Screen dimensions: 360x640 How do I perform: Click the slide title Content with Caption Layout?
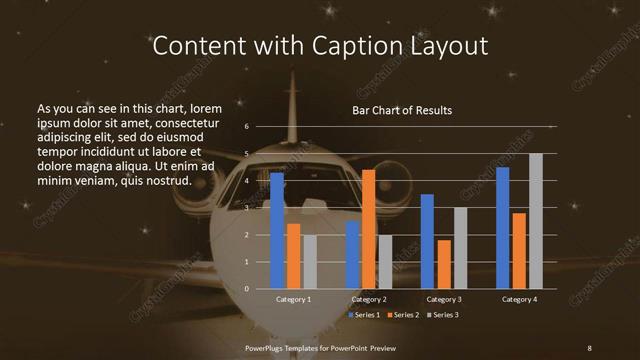coord(320,46)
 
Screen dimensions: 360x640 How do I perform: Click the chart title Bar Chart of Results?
coord(402,110)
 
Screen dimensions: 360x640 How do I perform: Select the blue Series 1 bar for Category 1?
coord(277,230)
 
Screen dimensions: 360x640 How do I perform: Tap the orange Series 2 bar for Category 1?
coord(293,256)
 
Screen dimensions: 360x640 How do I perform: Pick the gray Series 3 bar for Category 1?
coord(309,262)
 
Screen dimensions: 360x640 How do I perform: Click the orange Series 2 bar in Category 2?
coord(369,229)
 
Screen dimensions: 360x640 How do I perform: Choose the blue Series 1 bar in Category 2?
coord(353,255)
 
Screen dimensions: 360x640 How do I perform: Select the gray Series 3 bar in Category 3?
coord(460,248)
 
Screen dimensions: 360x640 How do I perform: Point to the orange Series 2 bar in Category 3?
coord(444,264)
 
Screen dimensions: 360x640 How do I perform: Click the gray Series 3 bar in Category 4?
coord(536,221)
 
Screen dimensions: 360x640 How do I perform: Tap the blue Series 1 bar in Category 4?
coord(503,228)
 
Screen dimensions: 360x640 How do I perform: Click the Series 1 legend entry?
coord(366,315)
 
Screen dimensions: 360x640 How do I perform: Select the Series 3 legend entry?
coord(444,315)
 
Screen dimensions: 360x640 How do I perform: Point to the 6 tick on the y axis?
coord(247,127)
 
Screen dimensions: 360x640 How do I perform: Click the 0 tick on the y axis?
coord(247,289)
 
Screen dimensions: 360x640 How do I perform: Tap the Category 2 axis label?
coord(369,299)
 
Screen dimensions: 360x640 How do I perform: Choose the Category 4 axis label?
coord(519,299)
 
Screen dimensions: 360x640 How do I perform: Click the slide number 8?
coord(589,347)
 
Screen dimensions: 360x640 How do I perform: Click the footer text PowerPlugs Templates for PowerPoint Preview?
coord(319,347)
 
